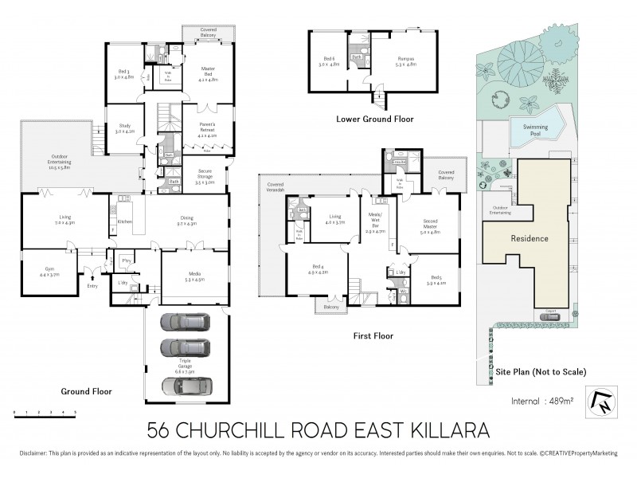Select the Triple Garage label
coord(188,370)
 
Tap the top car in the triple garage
coord(182,323)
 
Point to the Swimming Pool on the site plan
coord(535,132)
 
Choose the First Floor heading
coord(373,336)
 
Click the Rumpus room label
coord(406,60)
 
